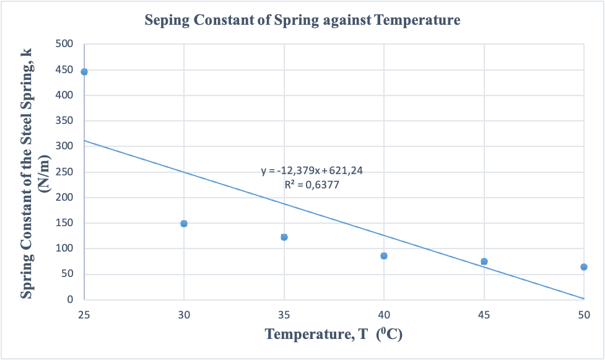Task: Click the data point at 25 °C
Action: (84, 72)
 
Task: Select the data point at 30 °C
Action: (184, 224)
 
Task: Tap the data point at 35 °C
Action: (284, 237)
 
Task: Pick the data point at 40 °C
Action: (384, 256)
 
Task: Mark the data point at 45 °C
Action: (484, 261)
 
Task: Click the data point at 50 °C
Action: (584, 267)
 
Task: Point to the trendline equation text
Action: (311, 171)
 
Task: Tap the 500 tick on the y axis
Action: (66, 45)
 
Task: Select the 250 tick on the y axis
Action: (66, 172)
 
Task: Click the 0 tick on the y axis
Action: (70, 300)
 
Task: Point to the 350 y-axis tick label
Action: (66, 121)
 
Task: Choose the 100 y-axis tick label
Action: (66, 248)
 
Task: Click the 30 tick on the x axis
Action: (184, 315)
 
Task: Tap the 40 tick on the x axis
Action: (384, 315)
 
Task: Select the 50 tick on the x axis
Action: (584, 315)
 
